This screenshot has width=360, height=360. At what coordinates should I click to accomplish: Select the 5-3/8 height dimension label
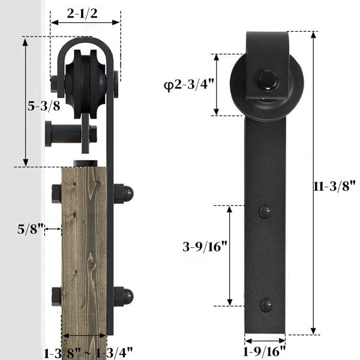point(44,106)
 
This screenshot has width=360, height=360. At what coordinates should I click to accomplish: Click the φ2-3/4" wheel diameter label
point(187,85)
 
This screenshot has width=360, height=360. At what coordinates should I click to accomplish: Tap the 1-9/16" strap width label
point(265,350)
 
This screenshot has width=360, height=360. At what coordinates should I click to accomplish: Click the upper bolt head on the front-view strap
point(265,211)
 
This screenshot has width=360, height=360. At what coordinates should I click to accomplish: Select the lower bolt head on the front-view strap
point(265,304)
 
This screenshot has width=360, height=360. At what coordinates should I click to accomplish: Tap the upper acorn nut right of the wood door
point(124,193)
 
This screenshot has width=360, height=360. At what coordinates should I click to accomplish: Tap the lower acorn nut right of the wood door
point(124,296)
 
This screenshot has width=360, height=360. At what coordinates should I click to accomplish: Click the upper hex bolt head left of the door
point(56,193)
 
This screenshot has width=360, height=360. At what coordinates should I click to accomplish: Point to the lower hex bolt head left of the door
point(56,296)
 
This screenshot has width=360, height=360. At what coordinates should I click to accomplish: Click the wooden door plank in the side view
point(84,252)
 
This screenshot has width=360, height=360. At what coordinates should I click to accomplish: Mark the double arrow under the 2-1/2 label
point(85,23)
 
